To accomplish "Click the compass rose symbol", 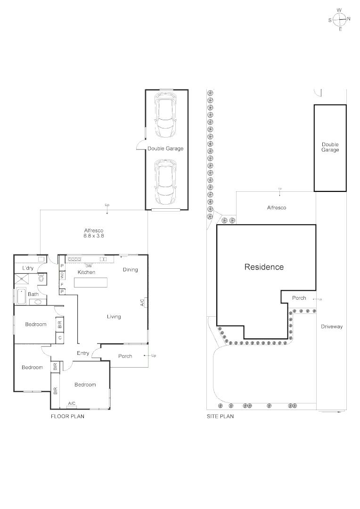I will pos(339,19).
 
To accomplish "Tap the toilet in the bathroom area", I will pos(41,279).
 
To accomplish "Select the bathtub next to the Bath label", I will pos(21,296).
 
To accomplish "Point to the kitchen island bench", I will pos(90,282).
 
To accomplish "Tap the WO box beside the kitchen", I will pos(62,275).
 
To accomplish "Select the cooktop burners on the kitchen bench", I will pos(74,259).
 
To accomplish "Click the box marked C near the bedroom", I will pos(60,338).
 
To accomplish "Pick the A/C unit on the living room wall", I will pos(146,303).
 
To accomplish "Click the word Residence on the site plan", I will pos(264,267).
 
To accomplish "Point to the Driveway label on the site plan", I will pos(332,326).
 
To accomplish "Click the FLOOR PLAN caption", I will pos(67,417).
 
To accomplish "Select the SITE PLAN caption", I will pos(220,417).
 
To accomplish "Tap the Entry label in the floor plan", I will pos(83,353).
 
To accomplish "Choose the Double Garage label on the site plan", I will pos(330,147).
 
